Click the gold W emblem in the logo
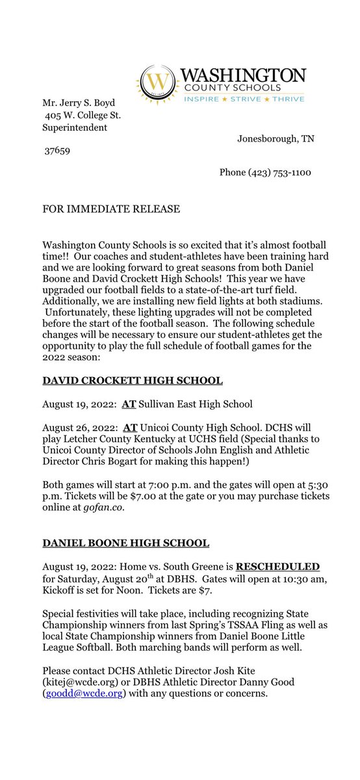pos(155,83)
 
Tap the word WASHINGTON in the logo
pos(242,75)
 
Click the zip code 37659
pos(58,150)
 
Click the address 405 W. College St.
pos(83,115)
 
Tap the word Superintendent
pos(74,127)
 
